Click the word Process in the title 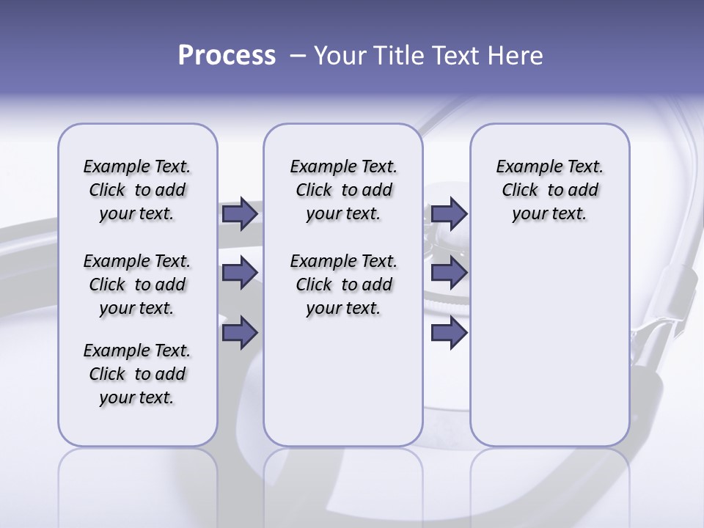point(227,55)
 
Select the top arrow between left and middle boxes point(240,214)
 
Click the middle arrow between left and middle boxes point(240,273)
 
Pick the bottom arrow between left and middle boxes point(240,332)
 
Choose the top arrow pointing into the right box point(449,214)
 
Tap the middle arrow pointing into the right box point(449,273)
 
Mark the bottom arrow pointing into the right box point(449,332)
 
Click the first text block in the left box point(137,190)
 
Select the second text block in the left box point(137,285)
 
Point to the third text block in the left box point(137,374)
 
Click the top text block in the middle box point(344,190)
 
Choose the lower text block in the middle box point(344,285)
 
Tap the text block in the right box point(550,190)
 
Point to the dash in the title point(298,55)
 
